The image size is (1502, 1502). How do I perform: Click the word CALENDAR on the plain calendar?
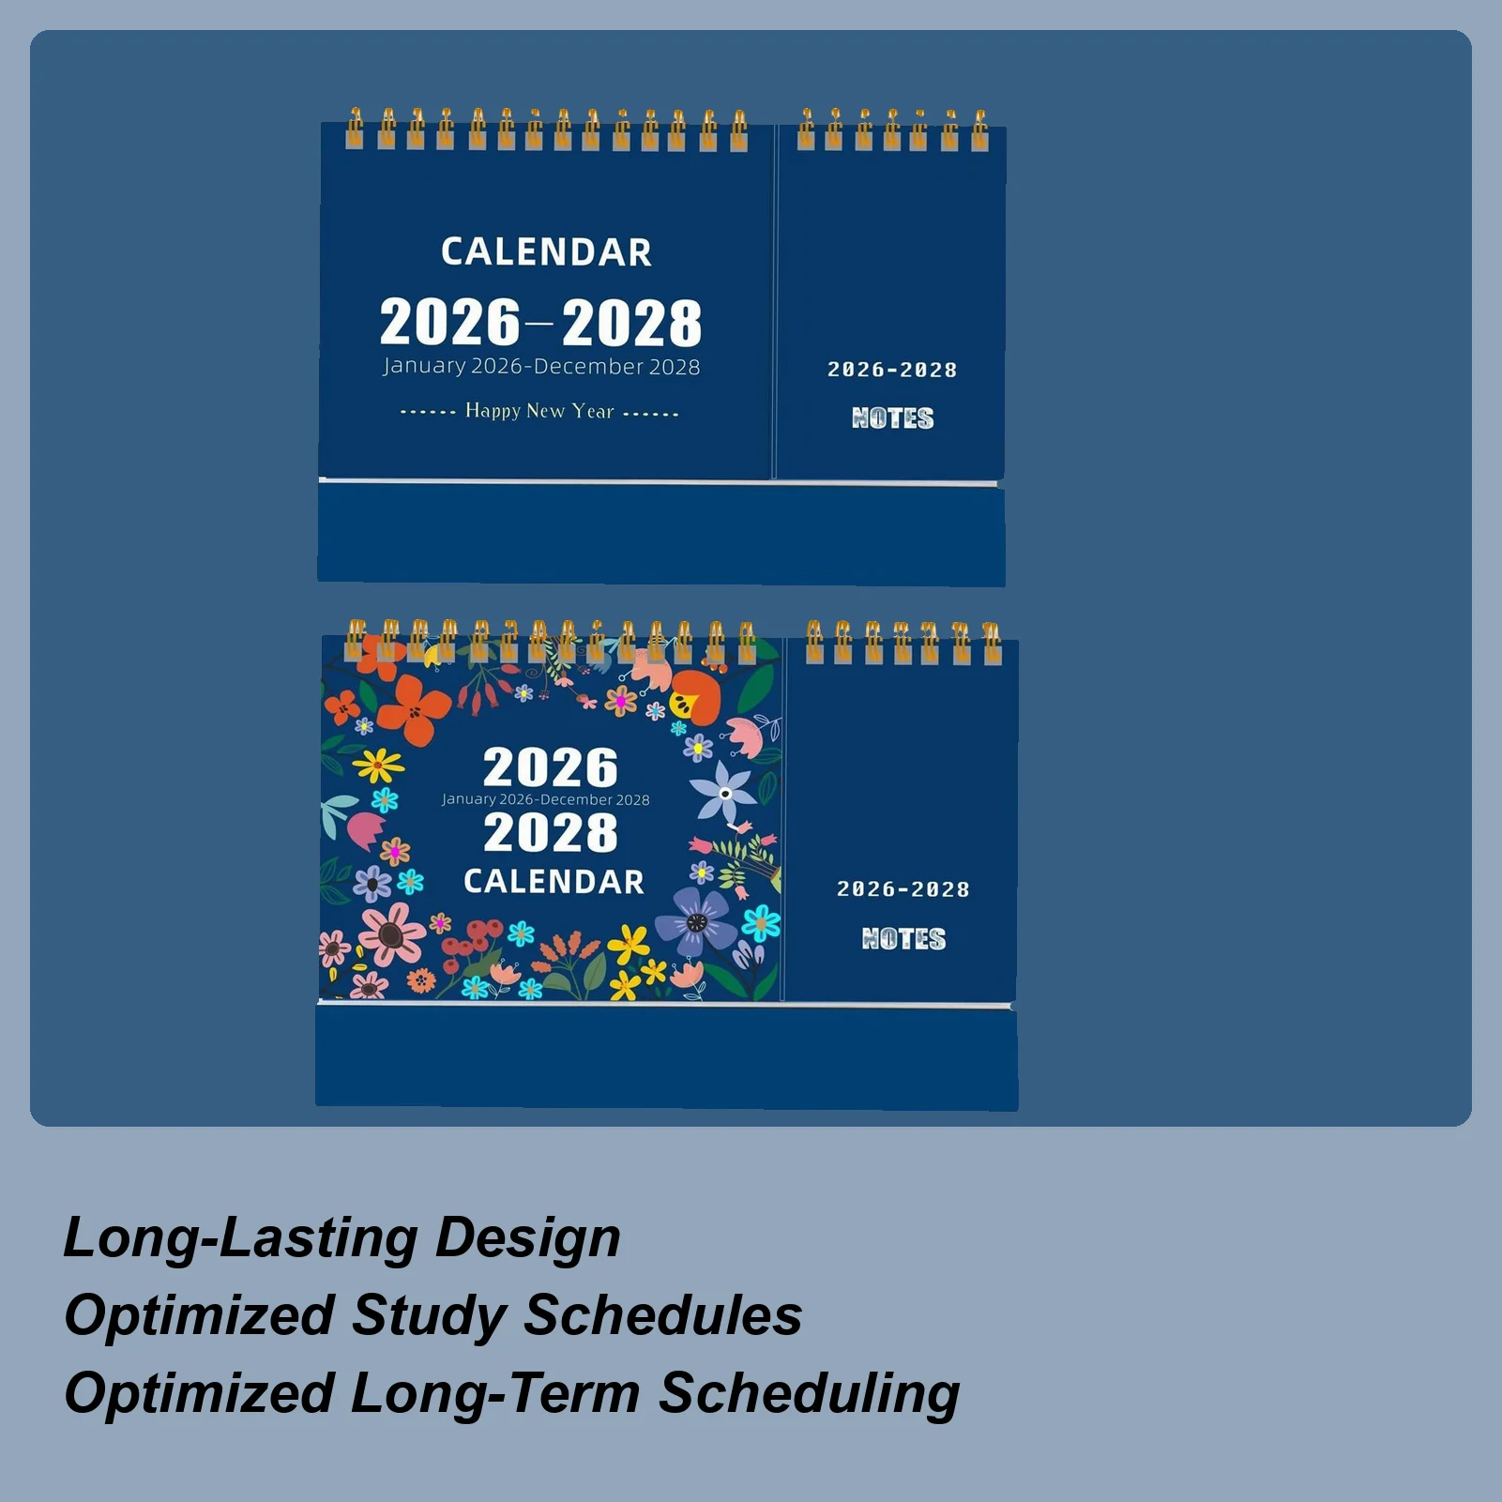[546, 252]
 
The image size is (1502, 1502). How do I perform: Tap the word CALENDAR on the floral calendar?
[554, 882]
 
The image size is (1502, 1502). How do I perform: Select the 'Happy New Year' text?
[539, 411]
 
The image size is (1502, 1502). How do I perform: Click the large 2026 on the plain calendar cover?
[449, 322]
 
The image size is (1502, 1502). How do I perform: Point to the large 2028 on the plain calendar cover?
[631, 324]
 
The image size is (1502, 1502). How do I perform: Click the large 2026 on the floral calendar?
[551, 767]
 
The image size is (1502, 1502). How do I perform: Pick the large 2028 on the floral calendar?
[551, 833]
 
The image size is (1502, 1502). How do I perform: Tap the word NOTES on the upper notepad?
[892, 418]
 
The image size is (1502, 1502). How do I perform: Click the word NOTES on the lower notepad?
[903, 938]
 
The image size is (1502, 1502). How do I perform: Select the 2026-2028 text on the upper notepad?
[892, 370]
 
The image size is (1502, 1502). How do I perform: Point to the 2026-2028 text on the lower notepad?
[903, 889]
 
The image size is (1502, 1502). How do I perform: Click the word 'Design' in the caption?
[527, 1237]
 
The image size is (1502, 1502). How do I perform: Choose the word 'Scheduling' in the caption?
[809, 1393]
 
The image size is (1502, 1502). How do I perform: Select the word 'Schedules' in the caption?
[662, 1315]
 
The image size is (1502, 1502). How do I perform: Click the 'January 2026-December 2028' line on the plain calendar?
[541, 367]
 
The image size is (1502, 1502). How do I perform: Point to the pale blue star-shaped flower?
[724, 793]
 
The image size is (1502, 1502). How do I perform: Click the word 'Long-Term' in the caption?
[494, 1393]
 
